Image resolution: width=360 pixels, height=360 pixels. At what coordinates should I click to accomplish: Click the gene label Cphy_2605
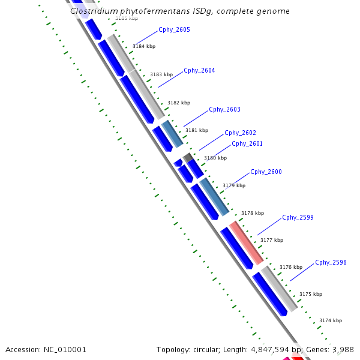coord(174,29)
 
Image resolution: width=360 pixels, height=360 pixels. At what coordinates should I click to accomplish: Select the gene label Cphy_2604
coord(199,70)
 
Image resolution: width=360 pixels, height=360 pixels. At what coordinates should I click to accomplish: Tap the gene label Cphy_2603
coord(224,109)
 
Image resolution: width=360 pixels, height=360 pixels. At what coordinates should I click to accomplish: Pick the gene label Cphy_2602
coord(240,133)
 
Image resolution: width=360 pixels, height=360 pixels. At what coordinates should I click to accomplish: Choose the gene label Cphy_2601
coord(247,143)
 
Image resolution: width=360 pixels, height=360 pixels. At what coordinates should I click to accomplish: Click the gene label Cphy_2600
coord(266,172)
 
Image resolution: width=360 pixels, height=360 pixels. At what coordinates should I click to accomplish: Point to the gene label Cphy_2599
coord(298,217)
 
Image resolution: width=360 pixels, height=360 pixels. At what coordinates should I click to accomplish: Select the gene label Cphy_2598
coord(331,262)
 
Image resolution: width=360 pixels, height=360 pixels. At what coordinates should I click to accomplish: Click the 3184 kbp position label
coord(143,46)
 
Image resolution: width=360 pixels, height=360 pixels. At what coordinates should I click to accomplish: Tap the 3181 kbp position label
coord(196,130)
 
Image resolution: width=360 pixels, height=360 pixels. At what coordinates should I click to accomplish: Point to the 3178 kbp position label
coord(252,213)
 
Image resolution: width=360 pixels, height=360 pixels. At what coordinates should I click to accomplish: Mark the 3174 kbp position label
coord(330,321)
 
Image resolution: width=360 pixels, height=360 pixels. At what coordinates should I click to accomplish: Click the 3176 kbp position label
coord(290,267)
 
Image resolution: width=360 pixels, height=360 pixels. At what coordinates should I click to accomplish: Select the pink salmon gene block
coord(246,242)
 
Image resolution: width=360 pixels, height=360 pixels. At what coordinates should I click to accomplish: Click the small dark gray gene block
coord(188,157)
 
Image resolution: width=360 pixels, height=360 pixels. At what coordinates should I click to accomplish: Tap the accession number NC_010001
coord(64,349)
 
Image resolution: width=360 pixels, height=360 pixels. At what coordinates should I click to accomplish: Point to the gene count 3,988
coord(344,349)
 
